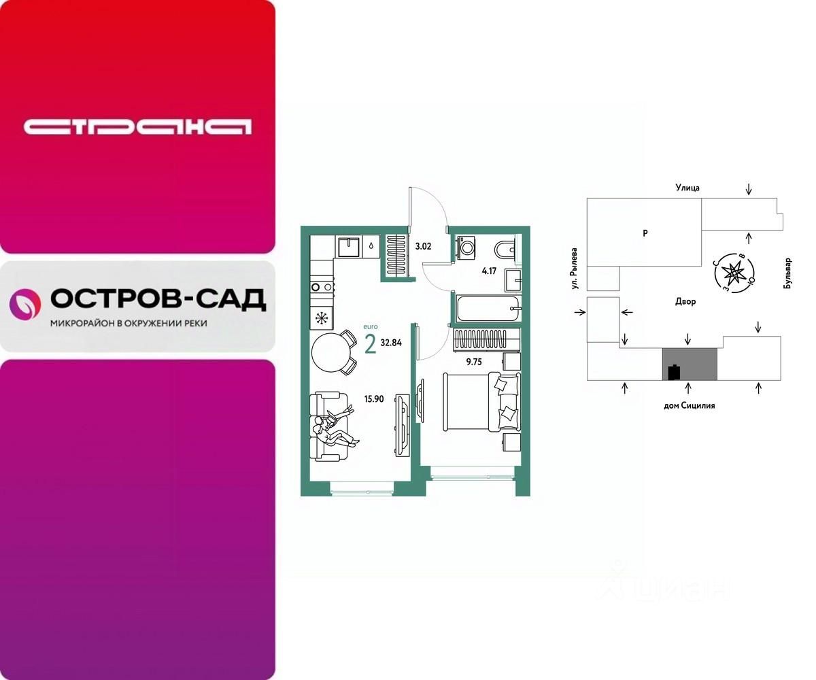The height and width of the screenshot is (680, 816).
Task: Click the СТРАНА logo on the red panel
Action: point(137,126)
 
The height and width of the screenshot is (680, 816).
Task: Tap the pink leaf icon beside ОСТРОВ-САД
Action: point(25,303)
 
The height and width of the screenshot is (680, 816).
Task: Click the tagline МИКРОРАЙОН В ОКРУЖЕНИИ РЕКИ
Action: point(129,324)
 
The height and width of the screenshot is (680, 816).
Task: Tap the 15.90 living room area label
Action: point(374,399)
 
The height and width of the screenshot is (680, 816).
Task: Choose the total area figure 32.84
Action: point(391,343)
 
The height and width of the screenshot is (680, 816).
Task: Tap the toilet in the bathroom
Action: point(507,250)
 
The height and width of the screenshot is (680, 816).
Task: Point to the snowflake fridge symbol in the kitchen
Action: point(321,317)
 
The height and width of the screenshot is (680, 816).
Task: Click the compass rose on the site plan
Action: point(734,273)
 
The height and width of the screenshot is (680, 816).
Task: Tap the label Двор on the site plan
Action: point(685,301)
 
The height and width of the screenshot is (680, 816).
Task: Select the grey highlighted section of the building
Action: point(690,364)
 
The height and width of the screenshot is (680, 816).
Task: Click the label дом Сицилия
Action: point(690,405)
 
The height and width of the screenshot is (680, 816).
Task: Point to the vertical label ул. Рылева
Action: point(575,269)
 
